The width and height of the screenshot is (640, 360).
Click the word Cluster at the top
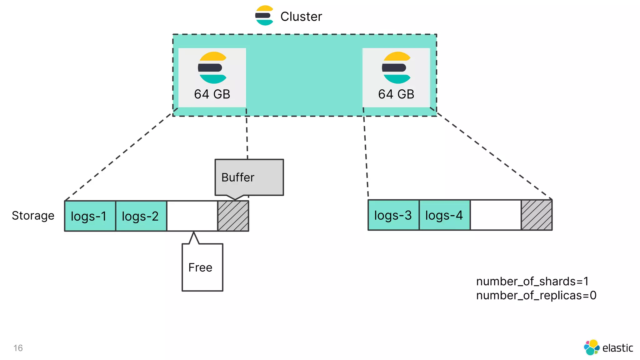(301, 17)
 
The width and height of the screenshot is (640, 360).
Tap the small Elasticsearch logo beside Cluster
(264, 16)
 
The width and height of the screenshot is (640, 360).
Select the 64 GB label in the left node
(212, 94)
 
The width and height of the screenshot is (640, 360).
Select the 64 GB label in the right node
(396, 94)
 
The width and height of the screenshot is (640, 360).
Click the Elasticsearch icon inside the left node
(212, 67)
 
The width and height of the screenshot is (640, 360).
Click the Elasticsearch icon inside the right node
(396, 67)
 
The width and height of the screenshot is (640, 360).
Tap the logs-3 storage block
(393, 215)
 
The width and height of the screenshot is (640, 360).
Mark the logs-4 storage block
(444, 215)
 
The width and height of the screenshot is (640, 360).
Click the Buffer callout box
(249, 177)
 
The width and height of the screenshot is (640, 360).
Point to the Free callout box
(202, 267)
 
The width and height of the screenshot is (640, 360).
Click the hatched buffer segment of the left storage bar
(233, 216)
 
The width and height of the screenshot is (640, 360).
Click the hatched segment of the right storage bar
(537, 215)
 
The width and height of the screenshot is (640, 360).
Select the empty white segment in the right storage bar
(496, 215)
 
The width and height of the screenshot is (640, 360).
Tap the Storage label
(33, 216)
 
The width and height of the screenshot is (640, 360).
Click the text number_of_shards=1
(532, 281)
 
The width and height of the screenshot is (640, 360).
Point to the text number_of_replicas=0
(536, 295)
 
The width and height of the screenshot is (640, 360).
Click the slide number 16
(18, 348)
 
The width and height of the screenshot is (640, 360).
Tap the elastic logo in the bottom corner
(608, 347)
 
